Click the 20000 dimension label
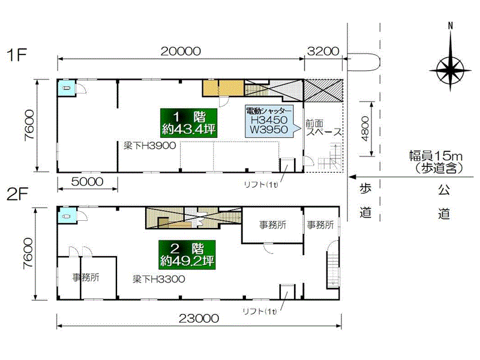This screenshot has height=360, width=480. point(181,51)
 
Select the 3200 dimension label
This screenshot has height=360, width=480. point(323,51)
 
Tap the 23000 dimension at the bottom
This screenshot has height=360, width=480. point(199,319)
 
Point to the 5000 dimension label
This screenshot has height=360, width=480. point(87,182)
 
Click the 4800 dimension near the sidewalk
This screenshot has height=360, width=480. point(365,128)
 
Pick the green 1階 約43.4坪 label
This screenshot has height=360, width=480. point(188,123)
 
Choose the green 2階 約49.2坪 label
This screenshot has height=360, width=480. point(187,254)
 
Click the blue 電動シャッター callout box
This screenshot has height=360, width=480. point(269,121)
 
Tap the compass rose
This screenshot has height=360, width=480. point(450,70)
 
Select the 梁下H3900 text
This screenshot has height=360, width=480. point(149,145)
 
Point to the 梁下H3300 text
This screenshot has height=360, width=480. point(158,279)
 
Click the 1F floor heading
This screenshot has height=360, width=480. point(17,55)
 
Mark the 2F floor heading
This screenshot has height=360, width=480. point(17,194)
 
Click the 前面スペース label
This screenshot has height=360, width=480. point(323,128)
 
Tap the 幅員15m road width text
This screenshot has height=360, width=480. point(436,156)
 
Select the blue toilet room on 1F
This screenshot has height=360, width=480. point(67,88)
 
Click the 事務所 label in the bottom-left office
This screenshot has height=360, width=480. point(86,277)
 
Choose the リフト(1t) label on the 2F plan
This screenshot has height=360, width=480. point(260,311)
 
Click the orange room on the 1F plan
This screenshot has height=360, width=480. point(223,88)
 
